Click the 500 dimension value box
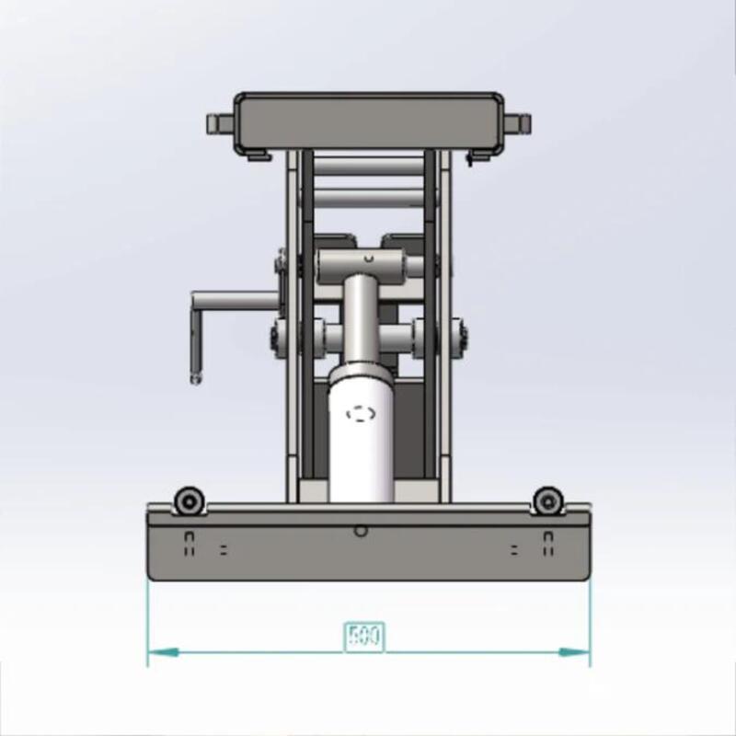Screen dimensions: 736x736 [x=363, y=636]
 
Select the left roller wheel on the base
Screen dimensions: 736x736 [x=190, y=501]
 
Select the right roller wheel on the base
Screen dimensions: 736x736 [x=547, y=501]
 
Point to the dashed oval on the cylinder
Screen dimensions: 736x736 [x=362, y=414]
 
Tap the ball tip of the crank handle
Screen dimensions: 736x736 [x=194, y=376]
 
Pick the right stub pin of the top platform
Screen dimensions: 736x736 [x=520, y=122]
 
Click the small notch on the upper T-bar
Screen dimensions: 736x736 [x=368, y=260]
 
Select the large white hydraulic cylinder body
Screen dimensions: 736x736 [x=362, y=442]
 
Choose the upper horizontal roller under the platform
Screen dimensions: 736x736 [x=368, y=167]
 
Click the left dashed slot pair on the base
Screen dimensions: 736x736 [x=190, y=544]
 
